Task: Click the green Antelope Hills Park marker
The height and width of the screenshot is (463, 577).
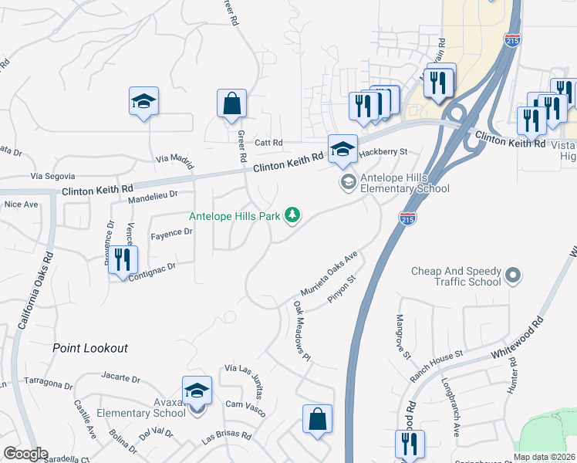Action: (292, 215)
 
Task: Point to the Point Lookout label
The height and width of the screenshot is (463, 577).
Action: (89, 349)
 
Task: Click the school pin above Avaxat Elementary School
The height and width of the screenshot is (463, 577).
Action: (197, 390)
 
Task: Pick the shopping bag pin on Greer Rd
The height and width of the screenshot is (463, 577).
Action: (231, 103)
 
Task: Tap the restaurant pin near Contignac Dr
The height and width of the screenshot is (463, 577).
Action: (123, 260)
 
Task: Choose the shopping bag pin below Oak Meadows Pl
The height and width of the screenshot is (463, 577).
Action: (317, 420)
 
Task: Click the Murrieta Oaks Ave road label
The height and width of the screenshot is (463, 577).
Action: (330, 275)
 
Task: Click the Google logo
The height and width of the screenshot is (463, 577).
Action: (25, 454)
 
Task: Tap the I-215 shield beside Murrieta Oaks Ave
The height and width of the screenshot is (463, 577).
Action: (407, 219)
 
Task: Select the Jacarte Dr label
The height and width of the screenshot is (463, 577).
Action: (120, 379)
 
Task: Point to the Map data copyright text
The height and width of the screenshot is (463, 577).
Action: (543, 457)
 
